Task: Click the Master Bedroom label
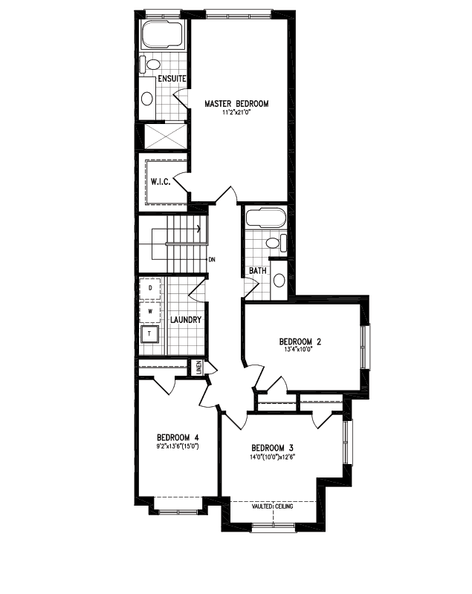(236, 103)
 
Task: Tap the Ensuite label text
(171, 79)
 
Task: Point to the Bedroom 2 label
(300, 342)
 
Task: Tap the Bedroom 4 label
(178, 437)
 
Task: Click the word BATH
(258, 271)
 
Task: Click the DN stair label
(212, 260)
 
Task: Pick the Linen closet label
(199, 367)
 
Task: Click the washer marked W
(150, 312)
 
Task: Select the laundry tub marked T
(150, 334)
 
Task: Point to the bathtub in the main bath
(264, 220)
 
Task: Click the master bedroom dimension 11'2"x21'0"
(236, 113)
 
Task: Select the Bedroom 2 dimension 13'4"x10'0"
(300, 351)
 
